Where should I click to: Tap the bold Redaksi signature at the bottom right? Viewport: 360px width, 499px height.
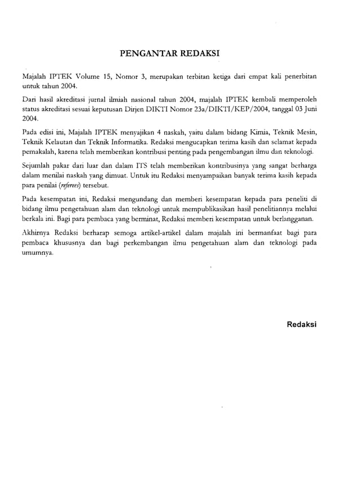point(302,325)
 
